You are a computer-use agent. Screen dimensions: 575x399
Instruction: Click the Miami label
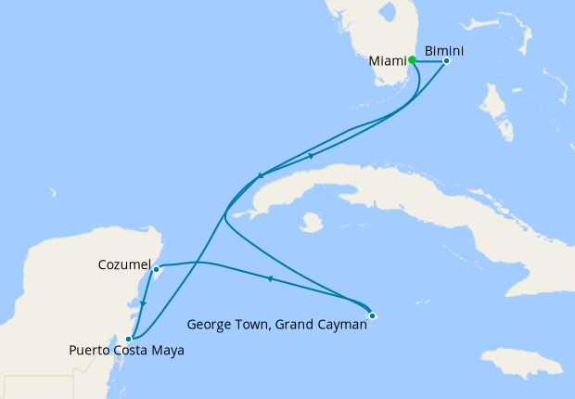point(387,61)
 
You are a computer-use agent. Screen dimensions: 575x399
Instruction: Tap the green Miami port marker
point(412,59)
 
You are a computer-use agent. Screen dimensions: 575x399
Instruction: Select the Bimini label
point(443,47)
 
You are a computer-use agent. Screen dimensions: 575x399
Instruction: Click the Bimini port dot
point(446,61)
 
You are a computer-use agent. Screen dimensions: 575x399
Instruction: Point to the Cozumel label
point(124,265)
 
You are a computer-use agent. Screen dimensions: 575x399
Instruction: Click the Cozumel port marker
point(157,270)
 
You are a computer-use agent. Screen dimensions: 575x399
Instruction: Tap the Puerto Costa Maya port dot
point(129,339)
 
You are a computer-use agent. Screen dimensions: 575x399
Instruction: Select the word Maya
point(166,351)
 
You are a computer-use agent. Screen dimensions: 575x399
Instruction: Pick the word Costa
point(131,351)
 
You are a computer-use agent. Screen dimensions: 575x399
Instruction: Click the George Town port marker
point(371,316)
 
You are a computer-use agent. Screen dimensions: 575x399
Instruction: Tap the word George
point(209,325)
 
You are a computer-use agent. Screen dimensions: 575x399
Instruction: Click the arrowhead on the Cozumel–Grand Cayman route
point(269,277)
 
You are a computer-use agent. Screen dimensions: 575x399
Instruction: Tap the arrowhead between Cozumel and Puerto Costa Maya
point(143,302)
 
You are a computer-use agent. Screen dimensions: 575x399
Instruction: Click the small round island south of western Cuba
point(312,223)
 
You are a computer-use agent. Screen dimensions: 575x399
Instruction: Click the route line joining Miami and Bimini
point(428,61)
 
